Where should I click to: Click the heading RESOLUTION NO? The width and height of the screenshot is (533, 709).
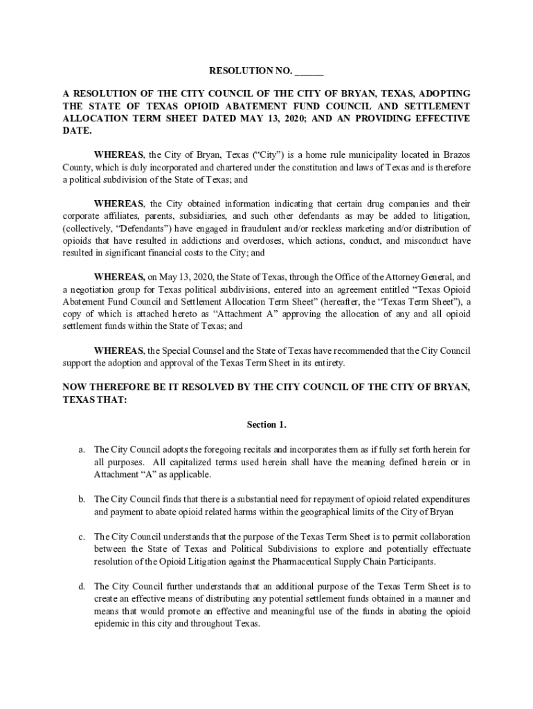(x=251, y=71)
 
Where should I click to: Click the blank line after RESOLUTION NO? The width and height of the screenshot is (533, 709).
(x=309, y=73)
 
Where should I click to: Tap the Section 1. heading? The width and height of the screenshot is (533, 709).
(x=266, y=424)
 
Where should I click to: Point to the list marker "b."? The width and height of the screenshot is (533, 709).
(x=81, y=499)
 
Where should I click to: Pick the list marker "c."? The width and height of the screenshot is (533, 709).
(x=81, y=537)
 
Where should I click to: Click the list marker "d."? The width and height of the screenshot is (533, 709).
(x=81, y=586)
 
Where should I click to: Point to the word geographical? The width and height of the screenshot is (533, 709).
(x=344, y=512)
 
